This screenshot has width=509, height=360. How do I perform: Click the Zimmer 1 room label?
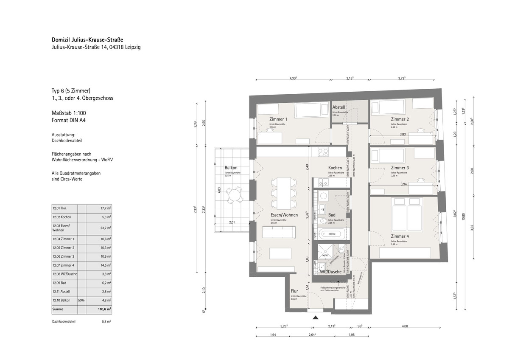[x=278, y=119]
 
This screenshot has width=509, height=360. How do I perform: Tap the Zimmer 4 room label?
[x=400, y=236]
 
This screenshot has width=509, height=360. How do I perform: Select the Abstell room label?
[x=339, y=107]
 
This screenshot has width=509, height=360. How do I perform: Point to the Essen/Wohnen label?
[x=283, y=215]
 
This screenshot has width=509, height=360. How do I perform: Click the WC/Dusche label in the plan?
[x=330, y=272]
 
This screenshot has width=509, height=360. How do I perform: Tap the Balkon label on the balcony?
[x=231, y=168]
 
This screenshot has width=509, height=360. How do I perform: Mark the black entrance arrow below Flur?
[x=315, y=317]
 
